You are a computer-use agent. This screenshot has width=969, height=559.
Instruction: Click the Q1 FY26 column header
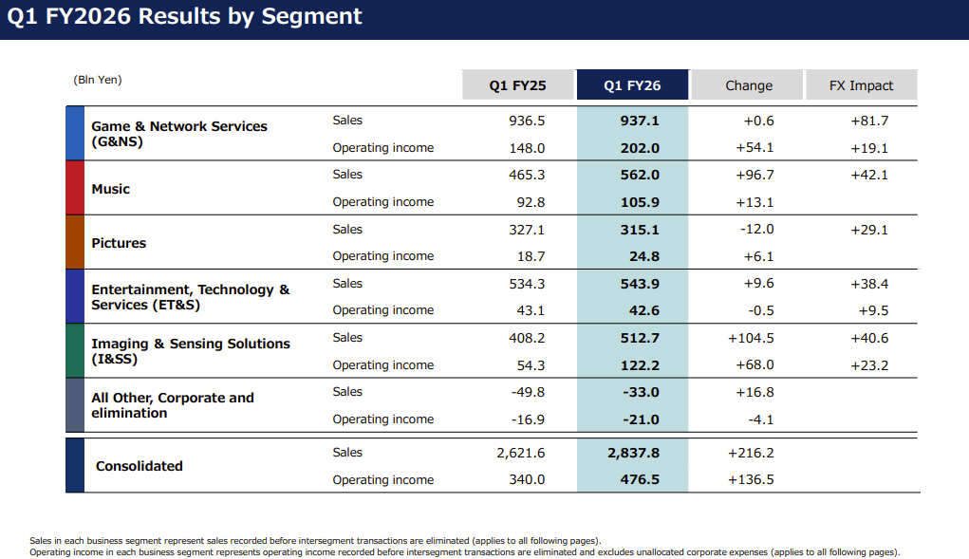632,85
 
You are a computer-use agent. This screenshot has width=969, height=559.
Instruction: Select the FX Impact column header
861,85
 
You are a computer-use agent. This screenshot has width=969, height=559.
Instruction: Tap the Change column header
749,85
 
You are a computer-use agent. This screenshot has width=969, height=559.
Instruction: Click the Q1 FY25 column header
518,85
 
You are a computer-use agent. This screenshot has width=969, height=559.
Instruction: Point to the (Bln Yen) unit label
98,80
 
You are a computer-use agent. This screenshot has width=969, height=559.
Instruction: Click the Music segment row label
111,189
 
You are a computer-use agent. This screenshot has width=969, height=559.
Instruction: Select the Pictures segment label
119,243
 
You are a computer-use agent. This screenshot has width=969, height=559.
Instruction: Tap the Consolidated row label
140,466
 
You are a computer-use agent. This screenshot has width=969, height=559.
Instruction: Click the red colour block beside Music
75,188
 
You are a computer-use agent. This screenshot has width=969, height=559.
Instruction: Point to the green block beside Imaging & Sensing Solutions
75,351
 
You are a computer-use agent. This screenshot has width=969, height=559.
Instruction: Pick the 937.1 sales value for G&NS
640,121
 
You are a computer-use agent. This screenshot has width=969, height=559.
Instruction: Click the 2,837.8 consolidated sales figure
633,453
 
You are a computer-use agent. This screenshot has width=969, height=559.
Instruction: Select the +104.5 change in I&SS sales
751,338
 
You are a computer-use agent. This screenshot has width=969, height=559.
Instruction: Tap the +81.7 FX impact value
869,121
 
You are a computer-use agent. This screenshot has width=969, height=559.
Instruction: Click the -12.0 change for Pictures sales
757,229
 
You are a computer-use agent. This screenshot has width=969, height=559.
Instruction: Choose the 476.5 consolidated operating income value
640,479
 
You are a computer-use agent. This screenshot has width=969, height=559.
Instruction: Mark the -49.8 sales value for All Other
528,392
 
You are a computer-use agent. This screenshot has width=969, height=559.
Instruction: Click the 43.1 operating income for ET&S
531,310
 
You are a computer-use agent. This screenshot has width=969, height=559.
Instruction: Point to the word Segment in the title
311,17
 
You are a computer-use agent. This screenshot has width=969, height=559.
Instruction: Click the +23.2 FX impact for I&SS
869,365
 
